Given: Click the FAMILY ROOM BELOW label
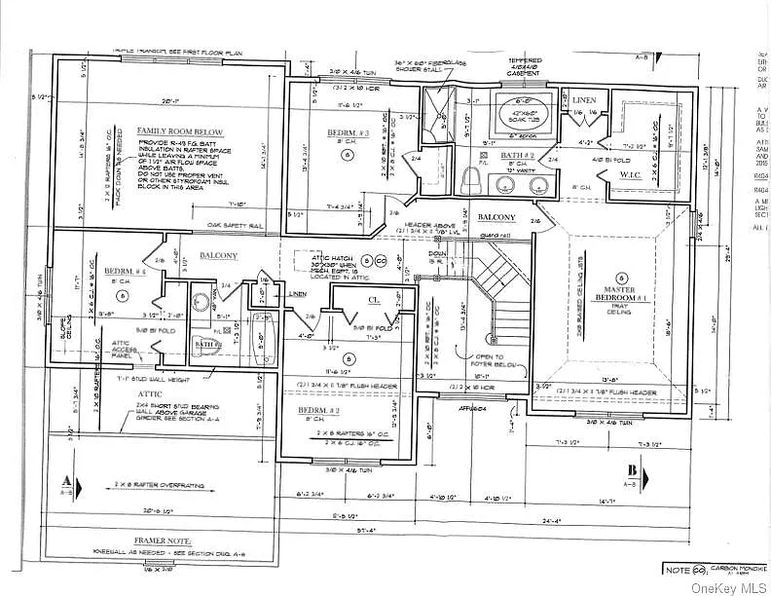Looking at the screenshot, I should tap(179, 131).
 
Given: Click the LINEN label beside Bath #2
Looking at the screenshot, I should tap(584, 100).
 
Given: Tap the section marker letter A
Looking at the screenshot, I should tap(65, 480).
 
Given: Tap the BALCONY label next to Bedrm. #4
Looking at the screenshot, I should tap(218, 256).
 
